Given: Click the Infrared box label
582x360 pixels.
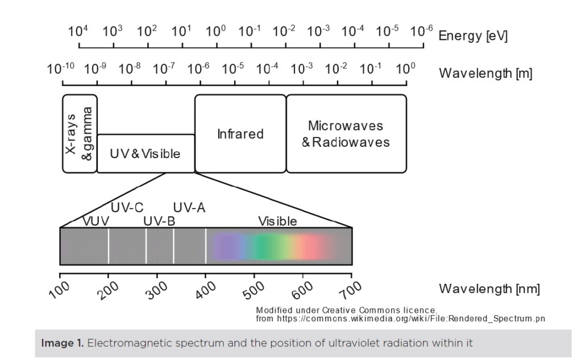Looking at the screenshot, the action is (x=240, y=134).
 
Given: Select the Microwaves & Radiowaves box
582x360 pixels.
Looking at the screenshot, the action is (x=346, y=134).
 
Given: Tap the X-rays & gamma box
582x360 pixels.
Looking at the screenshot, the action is (x=80, y=134).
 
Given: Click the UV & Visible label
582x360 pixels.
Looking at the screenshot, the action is (x=145, y=154).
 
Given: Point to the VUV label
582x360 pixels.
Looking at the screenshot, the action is (x=95, y=221).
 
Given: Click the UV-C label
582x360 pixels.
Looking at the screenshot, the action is (x=127, y=208).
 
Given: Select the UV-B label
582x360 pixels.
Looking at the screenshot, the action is (x=159, y=221).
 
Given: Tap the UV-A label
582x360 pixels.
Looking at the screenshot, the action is (x=189, y=208).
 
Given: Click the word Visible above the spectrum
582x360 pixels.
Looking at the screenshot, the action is (x=277, y=221).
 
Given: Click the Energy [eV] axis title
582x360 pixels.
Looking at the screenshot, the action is (x=473, y=36).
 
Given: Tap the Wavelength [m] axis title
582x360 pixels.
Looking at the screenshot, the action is (x=485, y=73).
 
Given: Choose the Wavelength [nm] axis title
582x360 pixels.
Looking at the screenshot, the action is (x=489, y=289).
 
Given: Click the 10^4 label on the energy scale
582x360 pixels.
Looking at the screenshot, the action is (x=78, y=31).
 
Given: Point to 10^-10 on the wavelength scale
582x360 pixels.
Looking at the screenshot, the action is (x=60, y=69).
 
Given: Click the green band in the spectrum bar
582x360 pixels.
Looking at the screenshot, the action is (x=264, y=247).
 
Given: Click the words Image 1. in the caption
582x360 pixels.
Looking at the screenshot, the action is (x=63, y=343).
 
